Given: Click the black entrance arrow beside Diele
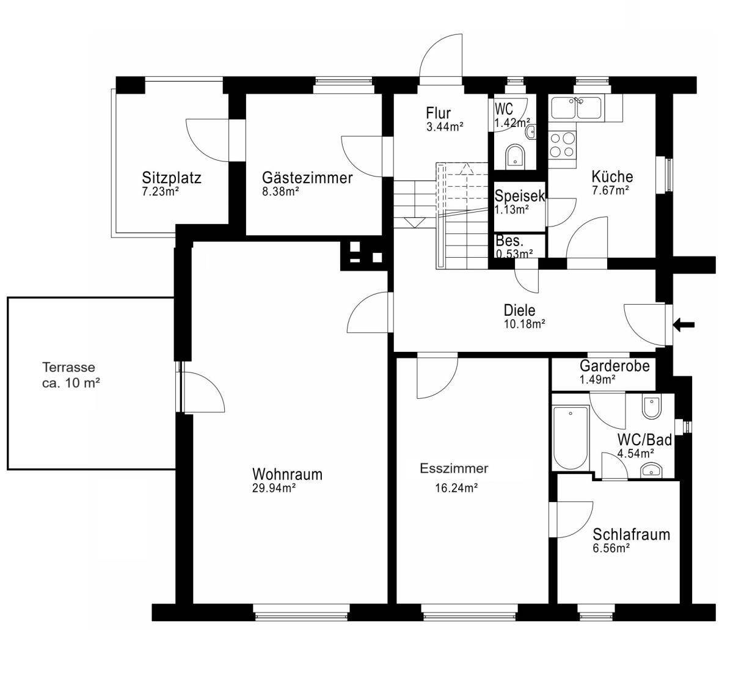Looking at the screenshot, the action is tap(684, 325).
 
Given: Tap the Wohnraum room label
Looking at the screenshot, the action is tap(287, 475).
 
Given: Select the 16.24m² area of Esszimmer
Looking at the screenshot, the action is tap(456, 489).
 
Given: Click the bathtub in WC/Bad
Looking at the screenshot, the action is tap(571, 437).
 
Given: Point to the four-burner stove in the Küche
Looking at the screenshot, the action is tap(562, 144).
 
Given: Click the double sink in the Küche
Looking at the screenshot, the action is tap(577, 107).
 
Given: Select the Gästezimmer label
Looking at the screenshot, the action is tap(307, 178).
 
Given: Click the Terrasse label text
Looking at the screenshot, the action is tap(68, 367).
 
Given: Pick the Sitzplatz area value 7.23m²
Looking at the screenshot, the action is tap(161, 192).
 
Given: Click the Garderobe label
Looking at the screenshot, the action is tap(614, 366).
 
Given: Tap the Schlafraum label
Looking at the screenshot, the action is tap(631, 534).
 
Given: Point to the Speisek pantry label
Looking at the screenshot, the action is tap(520, 196).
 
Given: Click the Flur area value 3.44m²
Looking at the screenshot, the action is tap(445, 127).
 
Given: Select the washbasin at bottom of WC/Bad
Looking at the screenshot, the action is tap(651, 470).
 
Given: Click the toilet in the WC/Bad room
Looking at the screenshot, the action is tap(652, 407).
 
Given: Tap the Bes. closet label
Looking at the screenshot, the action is tap(509, 241).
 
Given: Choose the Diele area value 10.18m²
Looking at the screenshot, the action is tap(525, 324).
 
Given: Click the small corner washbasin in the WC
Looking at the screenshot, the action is tap(531, 132).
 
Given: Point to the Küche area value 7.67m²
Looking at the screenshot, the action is tap(610, 191).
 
